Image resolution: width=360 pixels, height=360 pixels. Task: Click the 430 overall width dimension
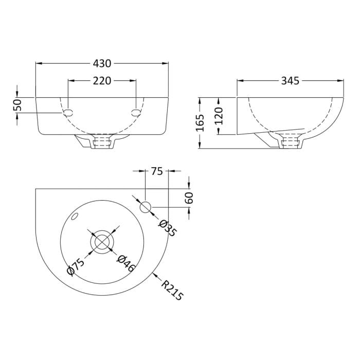(102, 63)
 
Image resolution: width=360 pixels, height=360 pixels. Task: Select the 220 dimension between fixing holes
(102, 81)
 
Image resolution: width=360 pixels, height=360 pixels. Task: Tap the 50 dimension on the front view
(17, 105)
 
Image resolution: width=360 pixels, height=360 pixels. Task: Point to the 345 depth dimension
(290, 81)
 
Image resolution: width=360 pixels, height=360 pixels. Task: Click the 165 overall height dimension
(200, 123)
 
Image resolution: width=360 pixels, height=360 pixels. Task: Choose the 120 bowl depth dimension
(219, 116)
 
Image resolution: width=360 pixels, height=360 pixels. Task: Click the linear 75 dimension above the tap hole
(157, 171)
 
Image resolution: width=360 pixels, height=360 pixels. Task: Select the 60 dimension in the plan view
(189, 197)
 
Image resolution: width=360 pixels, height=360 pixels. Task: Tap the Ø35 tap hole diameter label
(168, 228)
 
